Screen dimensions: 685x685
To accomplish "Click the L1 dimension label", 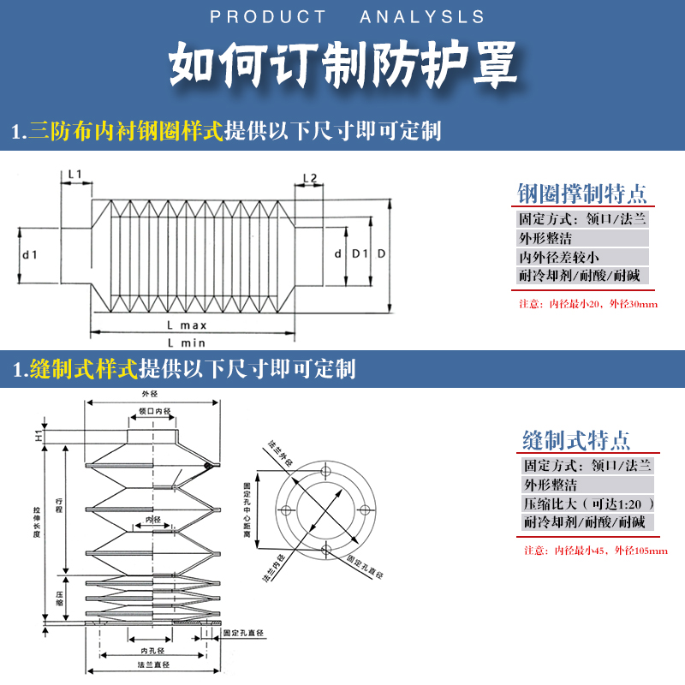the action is click(x=74, y=175).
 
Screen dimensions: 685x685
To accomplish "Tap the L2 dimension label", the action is click(x=310, y=178).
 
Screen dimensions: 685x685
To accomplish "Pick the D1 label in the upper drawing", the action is click(x=360, y=254).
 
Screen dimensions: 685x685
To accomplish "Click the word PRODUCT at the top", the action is click(x=267, y=17).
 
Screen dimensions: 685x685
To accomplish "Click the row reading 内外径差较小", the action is click(x=559, y=257).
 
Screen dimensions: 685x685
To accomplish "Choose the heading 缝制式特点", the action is click(x=576, y=441).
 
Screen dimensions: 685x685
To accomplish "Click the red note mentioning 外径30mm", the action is click(x=588, y=304).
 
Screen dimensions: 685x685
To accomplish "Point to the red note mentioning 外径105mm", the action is click(x=595, y=551).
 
